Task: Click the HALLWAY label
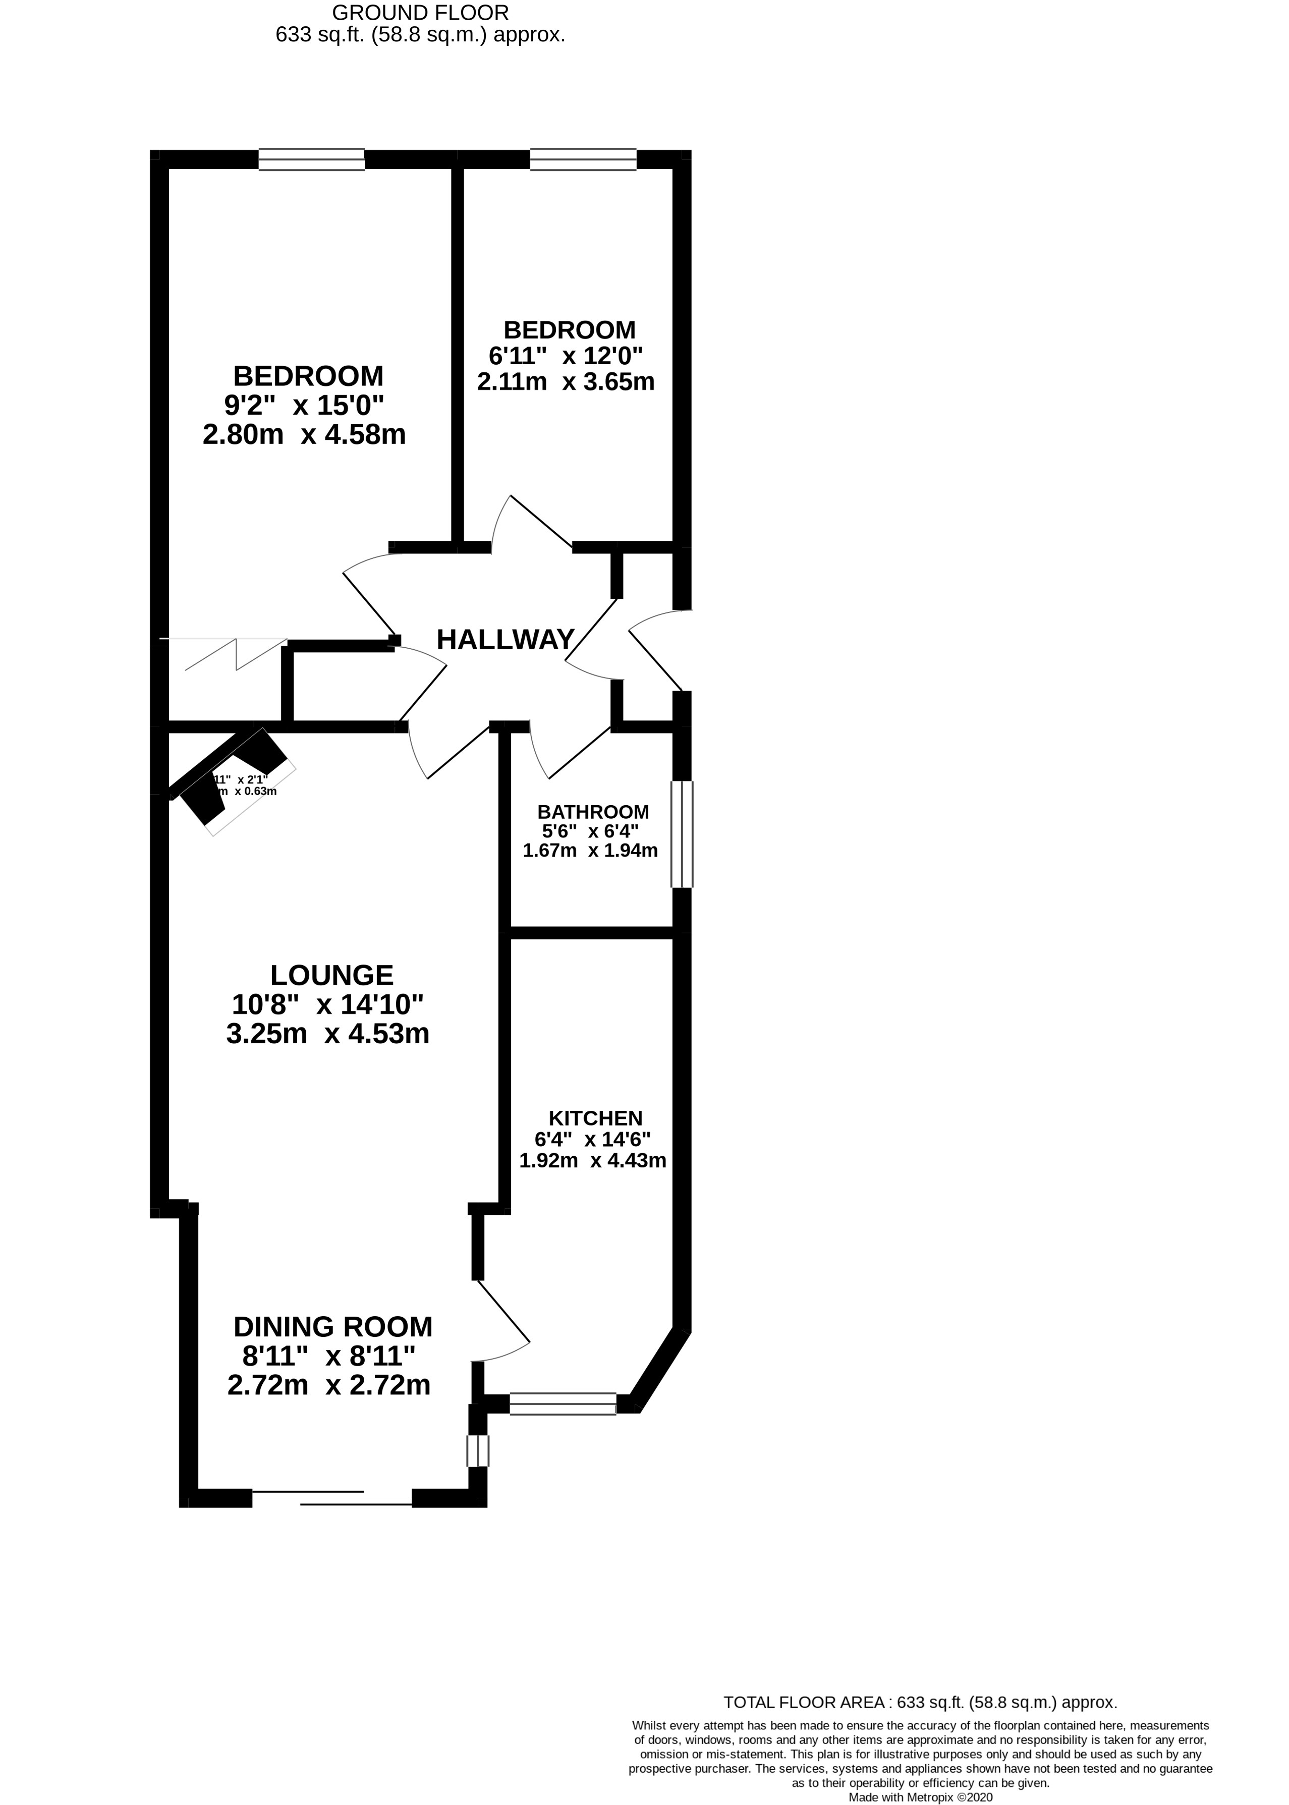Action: coord(505,639)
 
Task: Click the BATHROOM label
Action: coord(593,812)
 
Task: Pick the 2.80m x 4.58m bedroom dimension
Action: coord(304,435)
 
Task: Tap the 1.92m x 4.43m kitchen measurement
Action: coord(592,1160)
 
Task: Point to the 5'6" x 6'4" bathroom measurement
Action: coord(590,832)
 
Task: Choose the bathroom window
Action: coord(681,834)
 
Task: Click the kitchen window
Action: coord(563,1404)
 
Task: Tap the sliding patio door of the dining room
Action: coord(332,1498)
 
